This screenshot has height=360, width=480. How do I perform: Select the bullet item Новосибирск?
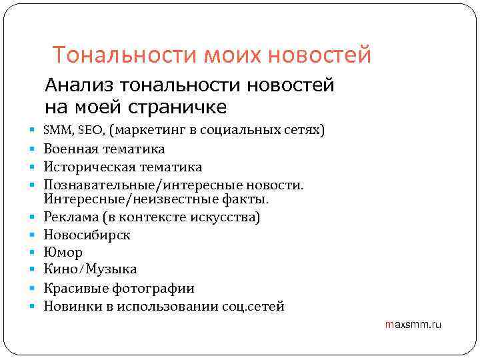point(87,235)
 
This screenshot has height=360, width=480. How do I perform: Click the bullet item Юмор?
point(63,253)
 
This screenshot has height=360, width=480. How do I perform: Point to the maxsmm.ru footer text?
point(413,325)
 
